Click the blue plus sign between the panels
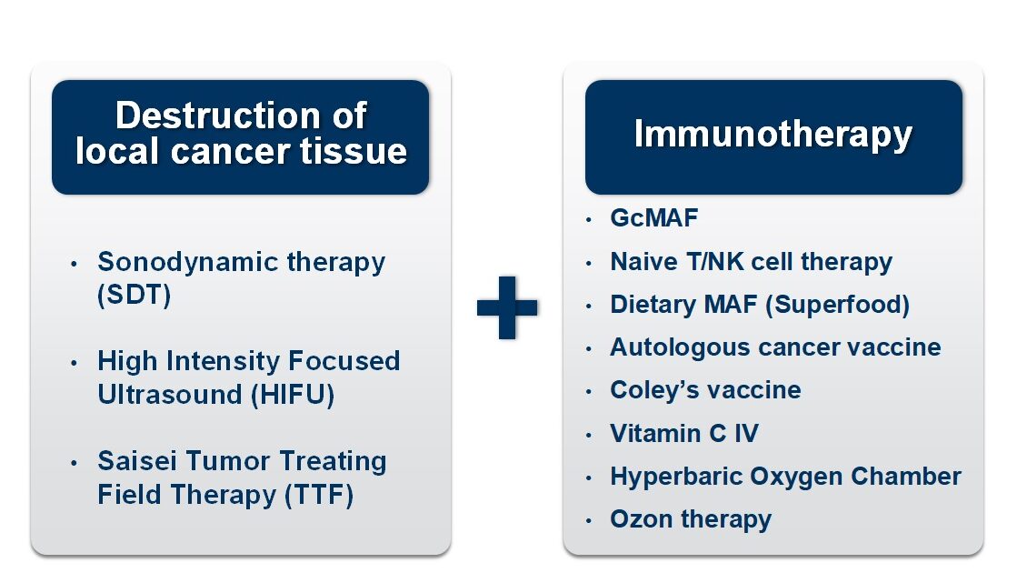point(507,307)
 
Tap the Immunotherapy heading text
point(773,135)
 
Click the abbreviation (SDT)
point(135,297)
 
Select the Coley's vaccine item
point(705,390)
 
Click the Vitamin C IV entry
point(683,433)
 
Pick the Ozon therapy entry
point(690,519)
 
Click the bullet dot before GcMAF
point(590,220)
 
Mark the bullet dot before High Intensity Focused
point(75,363)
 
